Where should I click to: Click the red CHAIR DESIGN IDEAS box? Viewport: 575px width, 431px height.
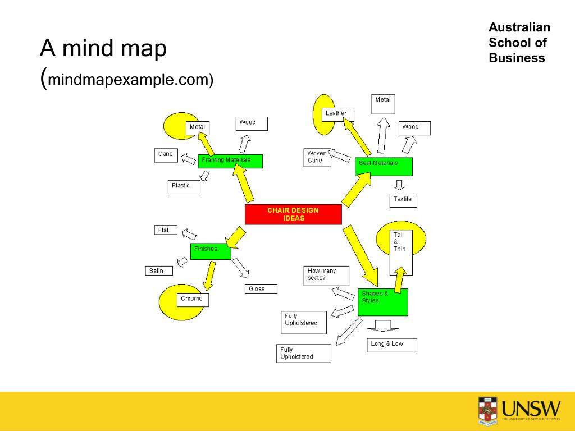[293, 214]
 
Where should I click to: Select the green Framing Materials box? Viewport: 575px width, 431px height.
[230, 161]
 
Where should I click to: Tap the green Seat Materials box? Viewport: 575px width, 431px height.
[384, 167]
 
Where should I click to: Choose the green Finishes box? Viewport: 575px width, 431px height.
[211, 251]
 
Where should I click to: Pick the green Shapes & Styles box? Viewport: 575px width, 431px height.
[383, 302]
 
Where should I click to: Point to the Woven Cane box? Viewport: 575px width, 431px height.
[317, 158]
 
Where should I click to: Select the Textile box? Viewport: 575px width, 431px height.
[404, 200]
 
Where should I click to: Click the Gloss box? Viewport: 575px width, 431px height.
[261, 289]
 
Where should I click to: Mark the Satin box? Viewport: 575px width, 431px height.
[159, 271]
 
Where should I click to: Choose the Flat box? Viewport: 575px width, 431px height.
[166, 230]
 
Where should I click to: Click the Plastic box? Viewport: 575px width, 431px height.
[184, 187]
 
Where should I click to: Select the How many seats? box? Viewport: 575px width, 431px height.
[326, 276]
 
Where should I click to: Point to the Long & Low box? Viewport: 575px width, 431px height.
[393, 345]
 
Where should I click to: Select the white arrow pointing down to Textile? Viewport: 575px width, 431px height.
[399, 185]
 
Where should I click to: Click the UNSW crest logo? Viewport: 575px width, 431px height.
[487, 410]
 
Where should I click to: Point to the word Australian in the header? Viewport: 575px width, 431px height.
[519, 27]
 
